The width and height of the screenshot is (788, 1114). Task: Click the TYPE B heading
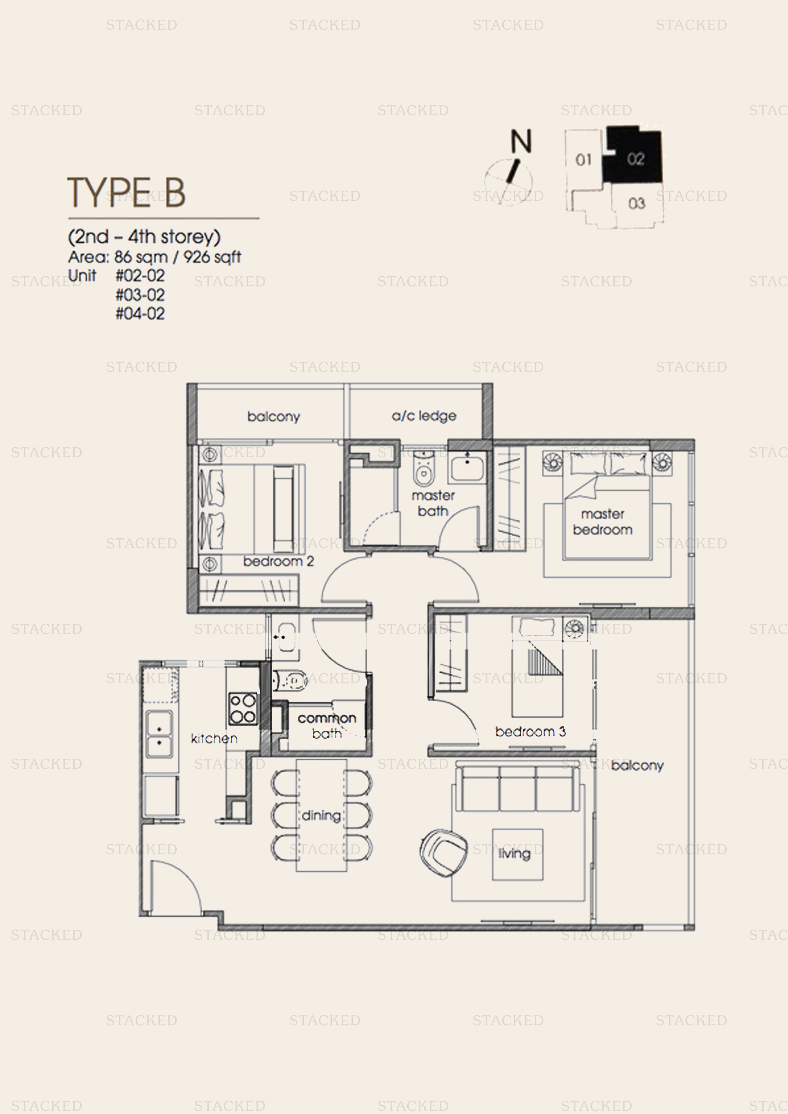(126, 193)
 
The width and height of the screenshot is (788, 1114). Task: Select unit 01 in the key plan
(583, 160)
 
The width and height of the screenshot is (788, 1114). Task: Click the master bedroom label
(602, 521)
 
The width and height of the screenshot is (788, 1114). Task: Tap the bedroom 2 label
(278, 561)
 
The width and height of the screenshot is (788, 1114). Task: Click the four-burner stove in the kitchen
(243, 709)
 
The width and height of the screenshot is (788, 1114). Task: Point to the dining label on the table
(321, 815)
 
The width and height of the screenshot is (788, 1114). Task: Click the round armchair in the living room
(443, 853)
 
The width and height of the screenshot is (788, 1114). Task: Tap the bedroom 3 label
(530, 732)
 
